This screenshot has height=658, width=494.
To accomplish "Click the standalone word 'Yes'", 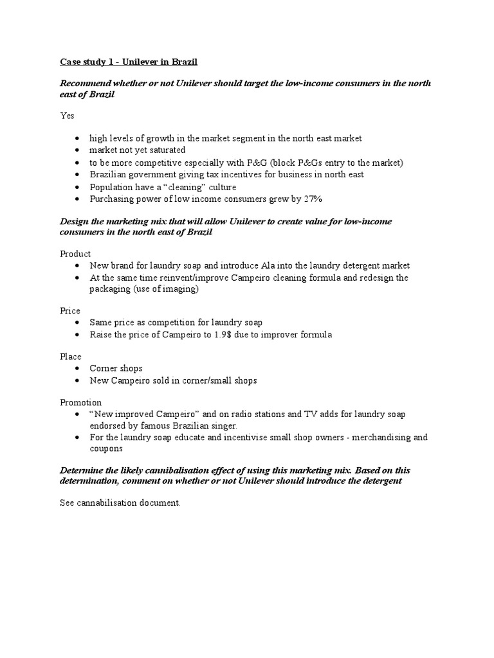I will pos(67,116).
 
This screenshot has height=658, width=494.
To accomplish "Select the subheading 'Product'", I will pos(75,254).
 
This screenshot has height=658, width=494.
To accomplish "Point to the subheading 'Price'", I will pos(70,310).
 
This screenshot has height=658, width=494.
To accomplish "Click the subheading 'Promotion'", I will pos(80,402).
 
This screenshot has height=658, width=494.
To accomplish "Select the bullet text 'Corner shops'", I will pos(116,368).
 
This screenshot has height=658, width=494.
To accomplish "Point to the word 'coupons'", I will pos(107,449).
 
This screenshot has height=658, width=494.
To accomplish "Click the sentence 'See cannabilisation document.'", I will pos(120,503).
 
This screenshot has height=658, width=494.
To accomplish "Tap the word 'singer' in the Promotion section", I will pos(224,425).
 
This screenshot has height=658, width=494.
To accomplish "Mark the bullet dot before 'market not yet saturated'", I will pos(78,150).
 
